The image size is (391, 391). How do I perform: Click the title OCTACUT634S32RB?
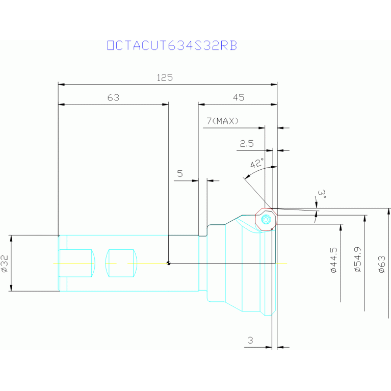[172, 46]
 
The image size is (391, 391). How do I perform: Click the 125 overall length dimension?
[165, 77]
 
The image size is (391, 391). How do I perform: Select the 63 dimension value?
[113, 97]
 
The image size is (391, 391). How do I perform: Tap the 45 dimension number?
[238, 97]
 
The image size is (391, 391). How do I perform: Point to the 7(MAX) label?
[223, 121]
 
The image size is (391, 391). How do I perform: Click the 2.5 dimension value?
[247, 144]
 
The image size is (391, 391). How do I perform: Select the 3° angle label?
[321, 194]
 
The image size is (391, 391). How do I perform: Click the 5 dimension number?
[180, 174]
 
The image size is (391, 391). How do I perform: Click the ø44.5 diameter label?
[333, 260]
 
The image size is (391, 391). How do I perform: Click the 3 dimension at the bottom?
[250, 340]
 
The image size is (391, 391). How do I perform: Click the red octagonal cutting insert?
[266, 220]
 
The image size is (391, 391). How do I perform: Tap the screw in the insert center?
[266, 220]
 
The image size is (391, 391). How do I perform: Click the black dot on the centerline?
[169, 263]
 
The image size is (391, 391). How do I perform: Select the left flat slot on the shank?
[77, 263]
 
